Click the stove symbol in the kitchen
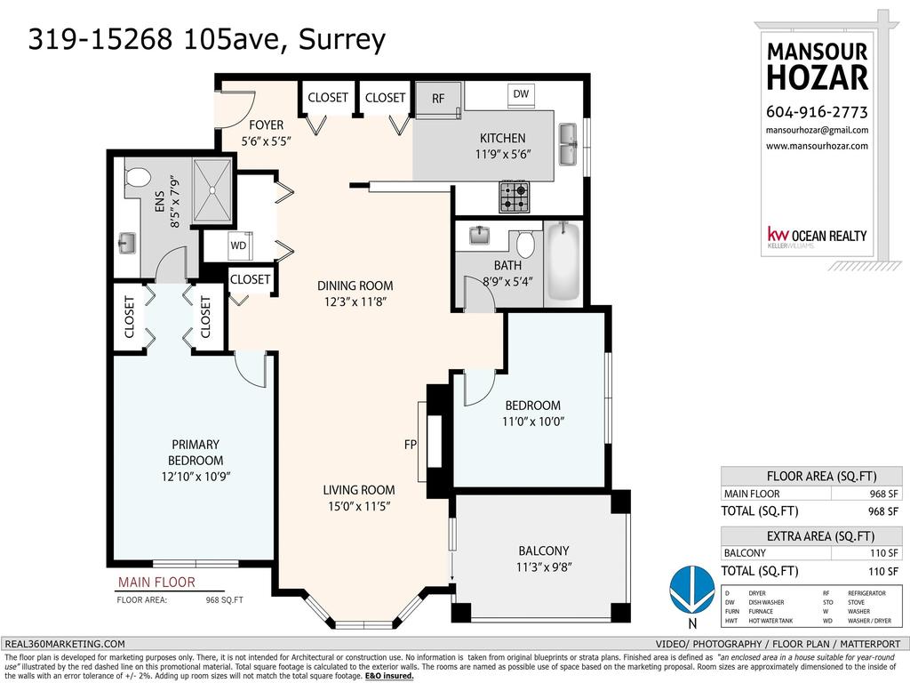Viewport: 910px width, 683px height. tap(514, 197)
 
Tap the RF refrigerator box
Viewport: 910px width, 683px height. tap(438, 99)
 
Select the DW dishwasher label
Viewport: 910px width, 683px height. tap(521, 93)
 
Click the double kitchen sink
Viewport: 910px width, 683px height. tap(570, 144)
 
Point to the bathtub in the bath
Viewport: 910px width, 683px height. tap(563, 262)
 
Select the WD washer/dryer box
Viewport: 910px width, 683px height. tap(238, 245)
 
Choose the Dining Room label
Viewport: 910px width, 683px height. tap(355, 286)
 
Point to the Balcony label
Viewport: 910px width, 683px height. tap(543, 550)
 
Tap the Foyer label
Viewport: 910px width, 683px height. tap(266, 125)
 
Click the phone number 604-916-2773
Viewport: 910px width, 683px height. tap(816, 112)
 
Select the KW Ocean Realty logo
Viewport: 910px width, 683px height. tap(817, 237)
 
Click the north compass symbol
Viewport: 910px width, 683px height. tap(691, 590)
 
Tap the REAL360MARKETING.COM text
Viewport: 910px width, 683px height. tap(65, 644)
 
